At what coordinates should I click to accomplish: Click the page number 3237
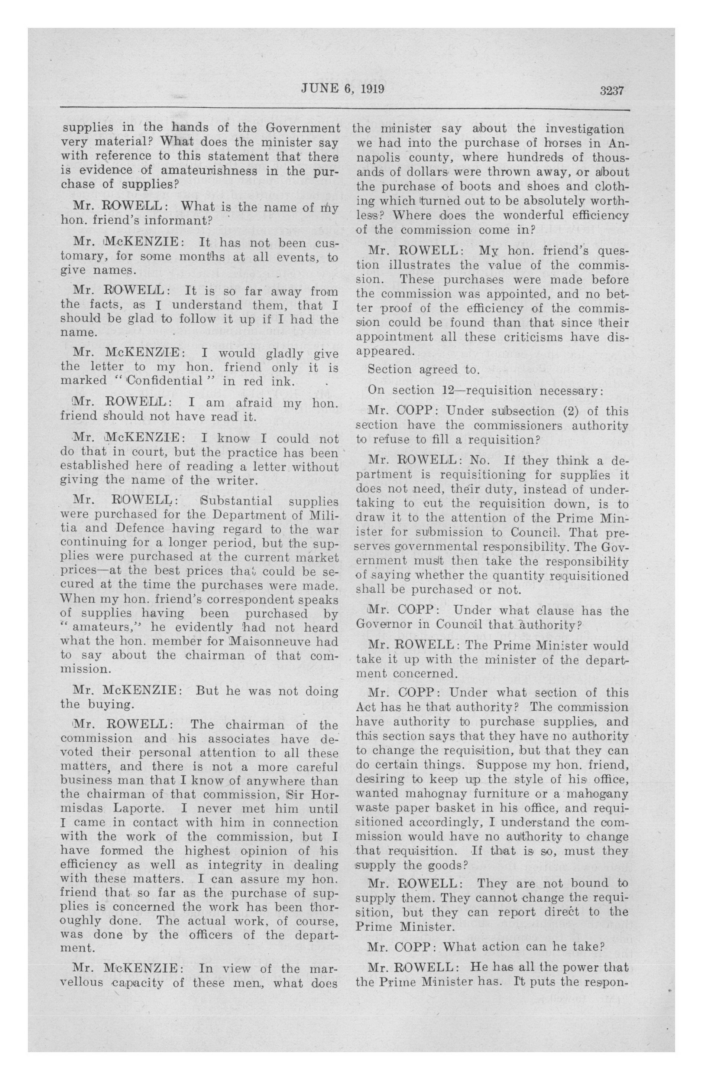613,90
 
